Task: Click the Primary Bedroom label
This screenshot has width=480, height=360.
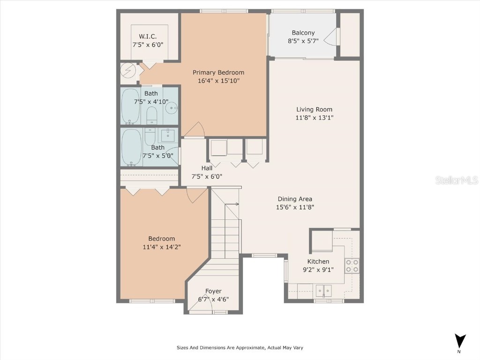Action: tap(218, 72)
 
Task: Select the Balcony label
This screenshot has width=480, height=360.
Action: tap(303, 33)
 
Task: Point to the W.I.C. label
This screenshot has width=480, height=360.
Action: tap(148, 37)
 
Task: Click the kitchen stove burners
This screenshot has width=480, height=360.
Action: tap(352, 266)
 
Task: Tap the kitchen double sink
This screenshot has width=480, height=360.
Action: tap(322, 291)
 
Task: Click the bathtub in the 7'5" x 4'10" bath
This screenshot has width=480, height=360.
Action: tap(130, 106)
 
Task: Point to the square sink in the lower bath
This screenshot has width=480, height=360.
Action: tap(168, 136)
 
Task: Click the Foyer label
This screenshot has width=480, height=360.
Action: tap(213, 291)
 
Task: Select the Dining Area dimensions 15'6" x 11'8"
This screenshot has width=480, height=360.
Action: tap(294, 207)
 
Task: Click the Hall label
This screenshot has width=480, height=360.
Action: tap(207, 168)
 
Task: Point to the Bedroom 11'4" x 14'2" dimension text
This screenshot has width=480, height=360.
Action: tap(162, 247)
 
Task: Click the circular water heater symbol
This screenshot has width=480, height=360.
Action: tap(128, 71)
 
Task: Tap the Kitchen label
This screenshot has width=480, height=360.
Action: tap(318, 262)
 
